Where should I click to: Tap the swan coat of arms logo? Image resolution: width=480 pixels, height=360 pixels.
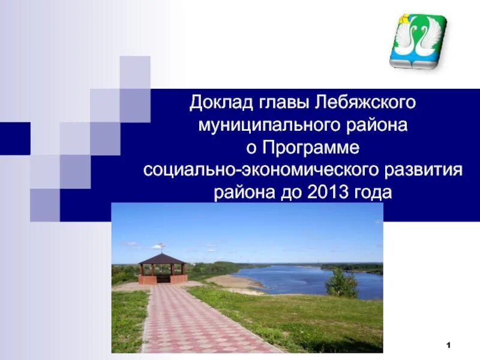(418, 41)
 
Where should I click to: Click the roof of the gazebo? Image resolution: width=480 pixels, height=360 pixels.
(162, 259)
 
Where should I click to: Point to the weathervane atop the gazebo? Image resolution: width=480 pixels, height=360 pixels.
(161, 246)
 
